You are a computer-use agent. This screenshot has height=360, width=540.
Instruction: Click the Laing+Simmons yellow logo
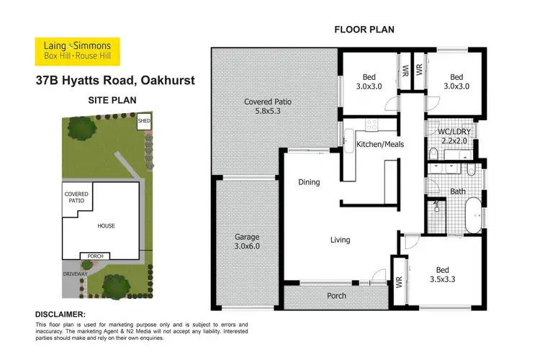[x=78, y=52]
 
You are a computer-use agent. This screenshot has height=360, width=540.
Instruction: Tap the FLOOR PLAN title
[x=363, y=30]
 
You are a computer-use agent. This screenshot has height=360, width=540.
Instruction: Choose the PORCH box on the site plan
[x=95, y=256]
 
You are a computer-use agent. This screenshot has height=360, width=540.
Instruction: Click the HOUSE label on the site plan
[x=106, y=226]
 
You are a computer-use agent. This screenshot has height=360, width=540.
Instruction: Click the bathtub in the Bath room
[x=473, y=217]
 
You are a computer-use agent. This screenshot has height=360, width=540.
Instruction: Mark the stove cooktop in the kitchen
[x=372, y=125]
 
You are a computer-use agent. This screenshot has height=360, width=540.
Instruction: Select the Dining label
[x=309, y=182]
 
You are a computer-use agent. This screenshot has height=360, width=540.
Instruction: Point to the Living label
[x=340, y=240]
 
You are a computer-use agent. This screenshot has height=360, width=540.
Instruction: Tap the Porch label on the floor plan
[x=336, y=296]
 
